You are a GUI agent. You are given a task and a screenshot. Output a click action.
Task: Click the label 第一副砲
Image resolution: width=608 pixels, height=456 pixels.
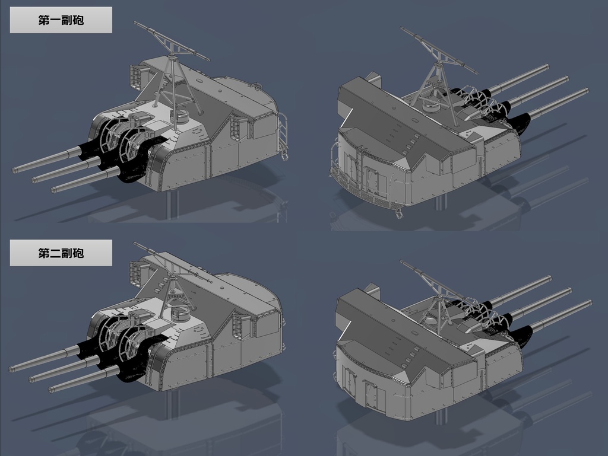[61, 20]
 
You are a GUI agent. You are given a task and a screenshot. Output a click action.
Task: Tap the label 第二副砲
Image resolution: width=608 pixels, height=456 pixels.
[61, 253]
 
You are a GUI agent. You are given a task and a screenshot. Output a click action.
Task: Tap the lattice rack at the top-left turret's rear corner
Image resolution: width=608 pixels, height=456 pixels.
[138, 74]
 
